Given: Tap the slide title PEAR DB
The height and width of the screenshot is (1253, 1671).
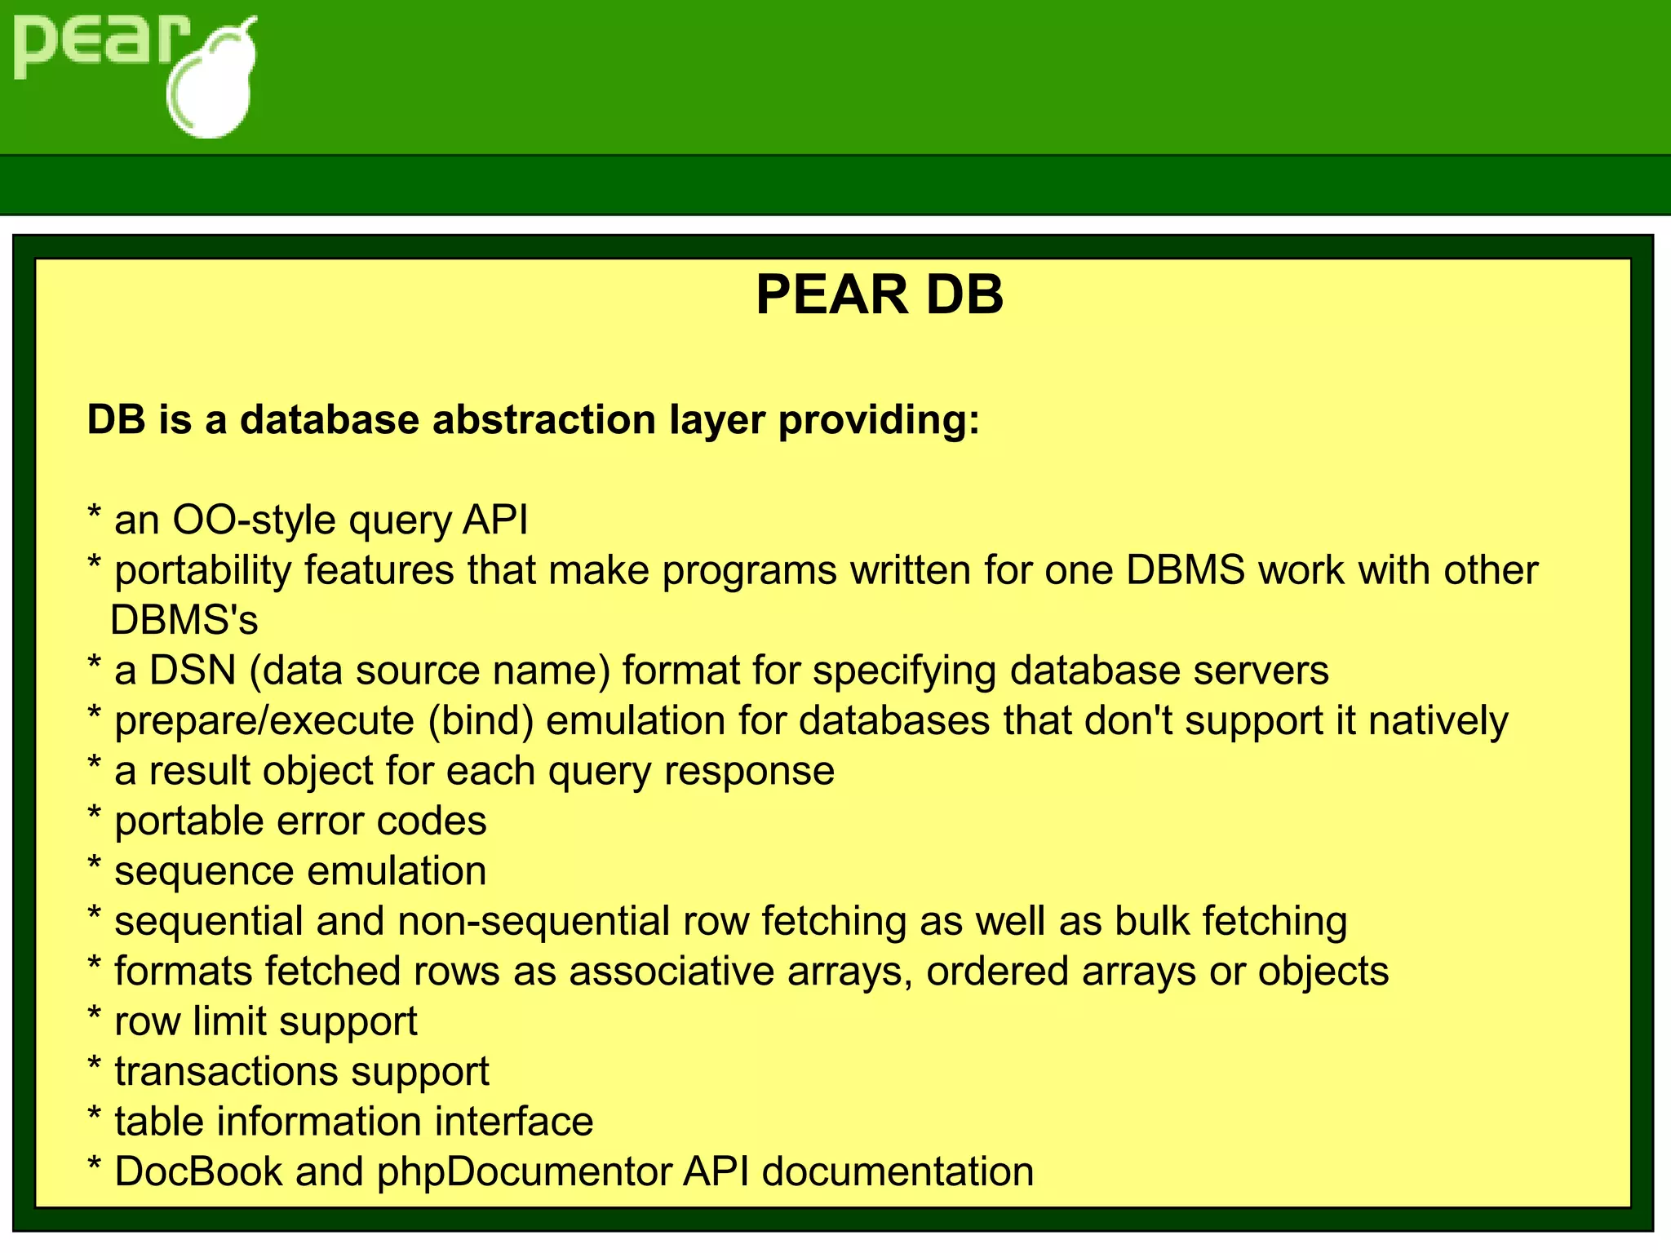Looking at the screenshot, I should coord(879,294).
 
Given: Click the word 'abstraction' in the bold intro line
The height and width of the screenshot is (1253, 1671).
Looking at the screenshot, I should coord(543,420).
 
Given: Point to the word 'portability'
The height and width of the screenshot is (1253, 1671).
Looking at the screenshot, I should coord(202,571).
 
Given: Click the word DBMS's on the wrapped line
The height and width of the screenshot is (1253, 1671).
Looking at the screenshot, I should coord(184,621).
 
